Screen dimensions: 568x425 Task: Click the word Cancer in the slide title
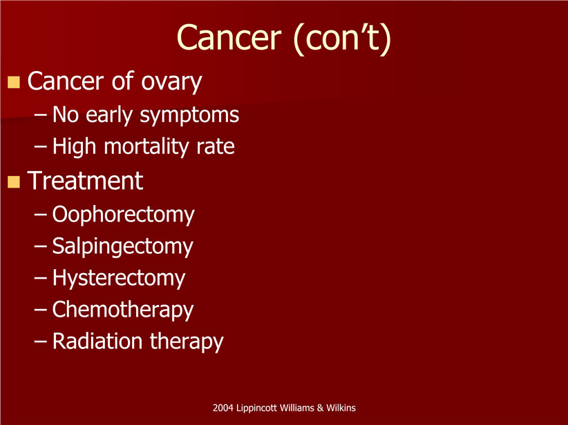229,37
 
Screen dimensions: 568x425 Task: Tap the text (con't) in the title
343,39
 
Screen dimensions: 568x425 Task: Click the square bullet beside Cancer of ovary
14,82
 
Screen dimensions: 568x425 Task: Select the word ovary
171,83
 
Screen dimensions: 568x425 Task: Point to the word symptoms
189,116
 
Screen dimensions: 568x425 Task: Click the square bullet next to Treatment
14,181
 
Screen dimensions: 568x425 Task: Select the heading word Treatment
85,181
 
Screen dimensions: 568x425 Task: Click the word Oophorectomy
124,215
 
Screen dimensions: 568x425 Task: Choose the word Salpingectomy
123,247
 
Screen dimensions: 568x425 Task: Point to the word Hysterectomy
119,279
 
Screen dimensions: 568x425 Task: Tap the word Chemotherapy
123,310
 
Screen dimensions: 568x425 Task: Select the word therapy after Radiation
187,342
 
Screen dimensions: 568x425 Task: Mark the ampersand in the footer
320,408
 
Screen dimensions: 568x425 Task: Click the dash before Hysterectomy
41,278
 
